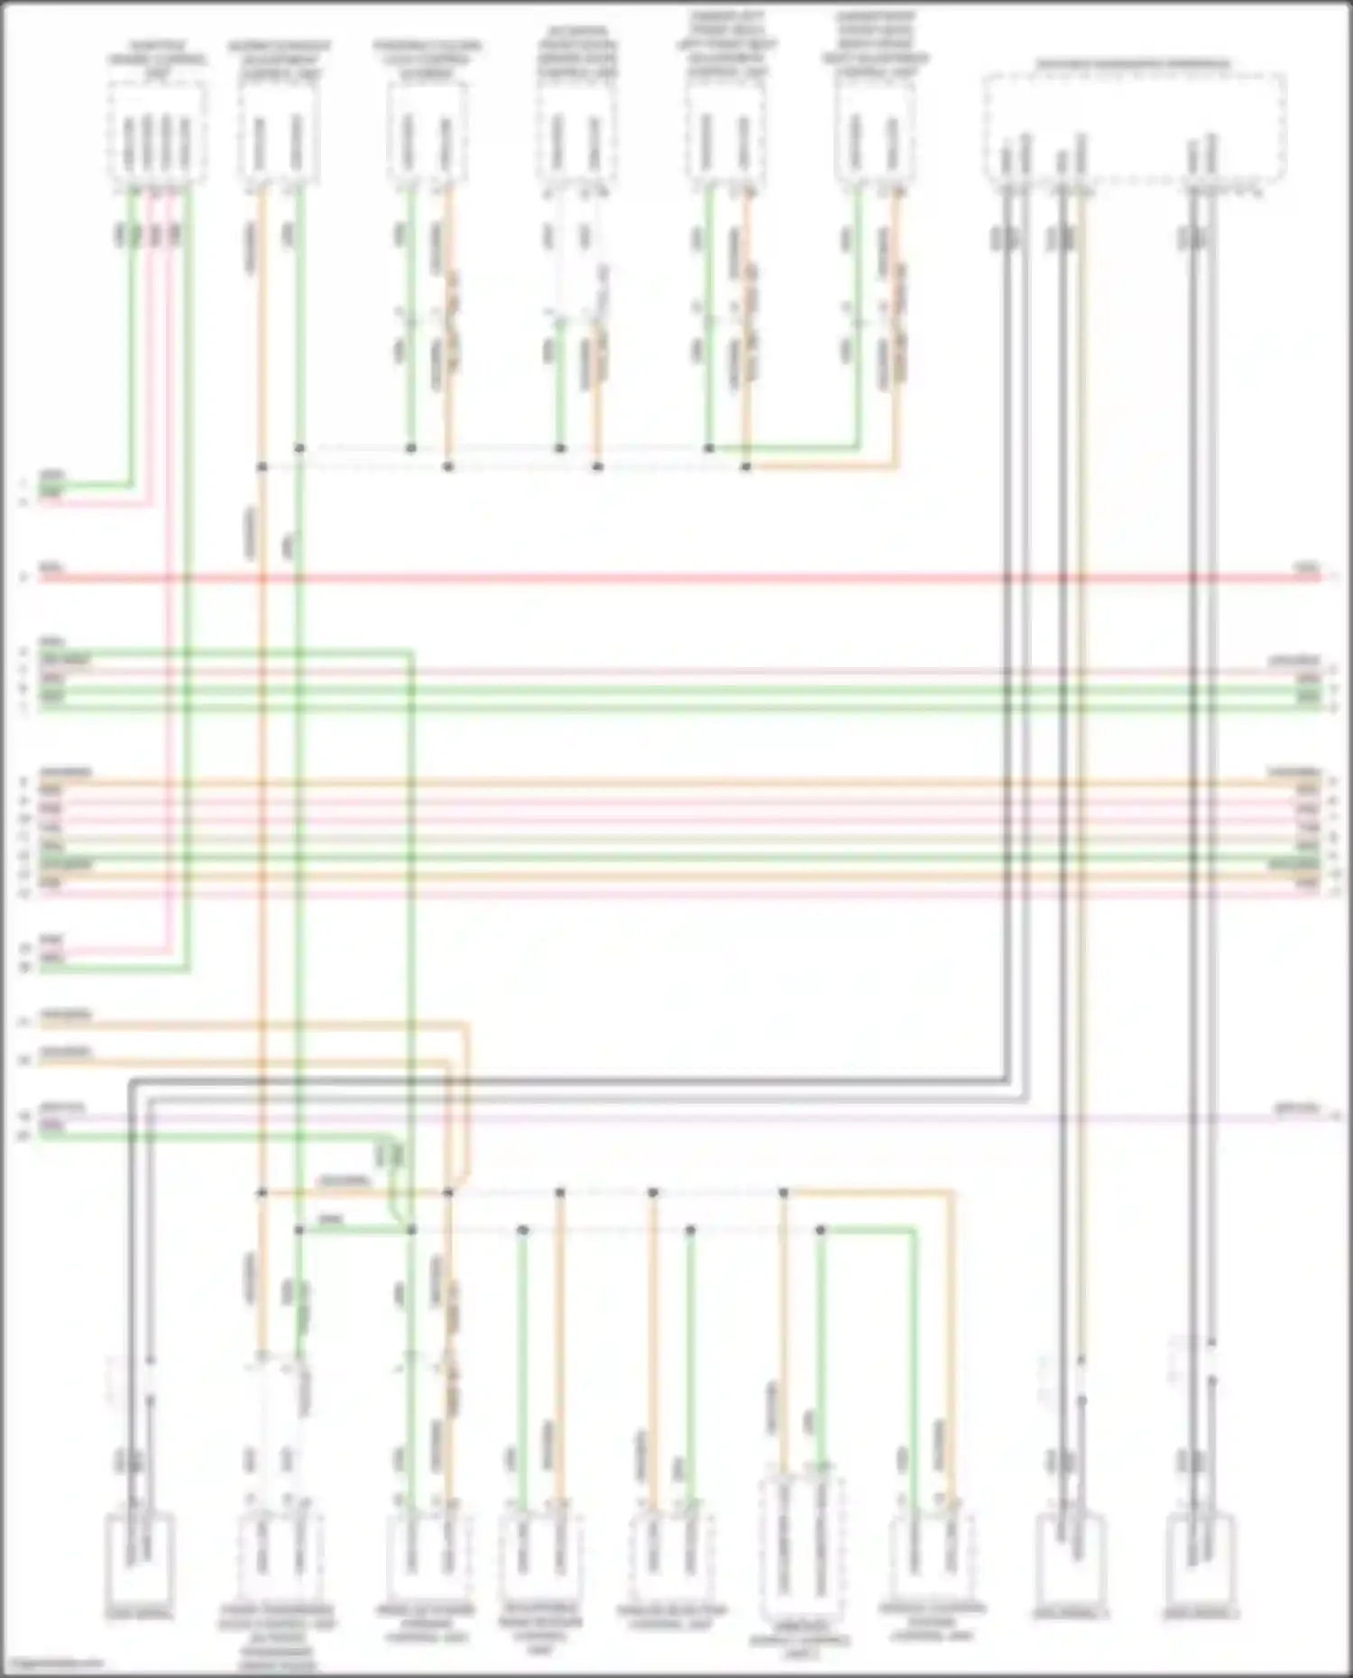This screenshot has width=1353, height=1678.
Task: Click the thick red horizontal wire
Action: coord(676,577)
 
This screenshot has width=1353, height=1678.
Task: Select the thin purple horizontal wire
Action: coord(722,1116)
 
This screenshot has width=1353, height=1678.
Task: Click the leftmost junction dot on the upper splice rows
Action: coord(262,467)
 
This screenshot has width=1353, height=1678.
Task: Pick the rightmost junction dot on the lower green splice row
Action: coord(820,1230)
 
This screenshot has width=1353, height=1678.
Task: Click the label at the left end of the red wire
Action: coord(51,568)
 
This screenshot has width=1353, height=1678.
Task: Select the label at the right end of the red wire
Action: coord(1307,568)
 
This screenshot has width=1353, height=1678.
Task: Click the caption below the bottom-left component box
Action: coord(139,1614)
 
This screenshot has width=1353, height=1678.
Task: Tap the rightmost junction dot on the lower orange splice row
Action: coord(783,1193)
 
